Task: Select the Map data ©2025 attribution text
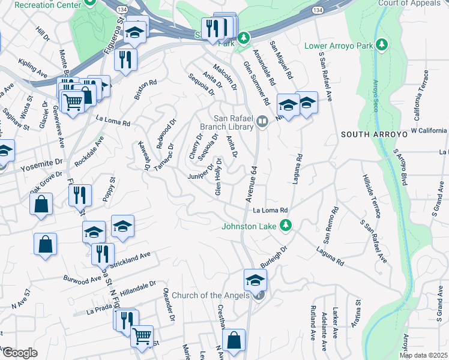(423, 355)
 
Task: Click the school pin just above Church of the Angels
(255, 279)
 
